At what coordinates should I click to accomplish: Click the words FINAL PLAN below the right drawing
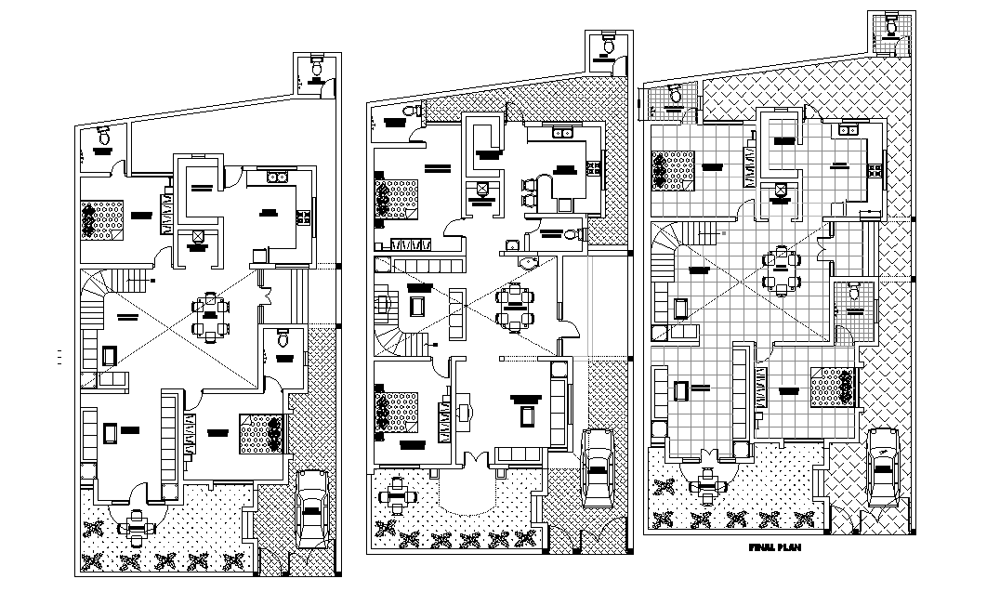773,548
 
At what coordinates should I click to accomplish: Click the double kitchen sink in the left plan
276,177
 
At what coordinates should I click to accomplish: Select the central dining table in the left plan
211,316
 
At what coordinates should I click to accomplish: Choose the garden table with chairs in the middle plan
399,494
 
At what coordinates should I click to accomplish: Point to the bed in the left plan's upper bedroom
100,220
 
